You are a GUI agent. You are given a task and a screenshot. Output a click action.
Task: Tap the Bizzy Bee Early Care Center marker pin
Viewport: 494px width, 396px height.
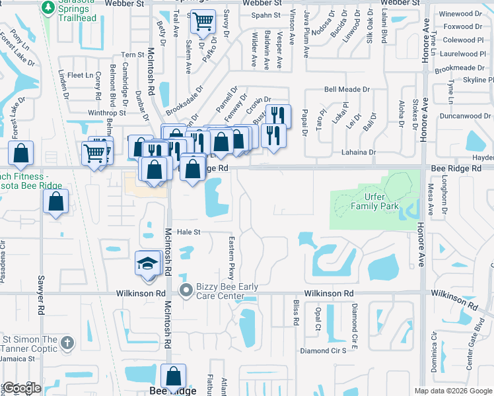[x=186, y=290]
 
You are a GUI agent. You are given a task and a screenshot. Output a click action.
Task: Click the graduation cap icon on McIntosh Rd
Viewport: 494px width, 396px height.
[x=146, y=264]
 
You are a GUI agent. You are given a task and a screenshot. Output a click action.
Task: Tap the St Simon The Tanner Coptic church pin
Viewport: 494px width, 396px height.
[x=66, y=343]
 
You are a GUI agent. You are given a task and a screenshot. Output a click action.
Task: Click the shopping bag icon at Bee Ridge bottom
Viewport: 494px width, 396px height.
[x=173, y=377]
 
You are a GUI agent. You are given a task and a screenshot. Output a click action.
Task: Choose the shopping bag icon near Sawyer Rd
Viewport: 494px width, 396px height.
[x=56, y=202]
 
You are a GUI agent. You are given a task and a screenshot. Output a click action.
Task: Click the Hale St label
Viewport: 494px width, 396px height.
[x=188, y=232]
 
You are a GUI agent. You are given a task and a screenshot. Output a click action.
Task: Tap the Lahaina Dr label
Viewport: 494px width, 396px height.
[x=359, y=152]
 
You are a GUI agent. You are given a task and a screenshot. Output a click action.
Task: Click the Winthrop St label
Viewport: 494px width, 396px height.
[x=102, y=113]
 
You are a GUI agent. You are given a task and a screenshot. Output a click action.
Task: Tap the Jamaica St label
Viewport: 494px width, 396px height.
[x=18, y=359]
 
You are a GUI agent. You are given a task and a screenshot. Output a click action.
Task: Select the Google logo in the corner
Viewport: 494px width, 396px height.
[x=22, y=388]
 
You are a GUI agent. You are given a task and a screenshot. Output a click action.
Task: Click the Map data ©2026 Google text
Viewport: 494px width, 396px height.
[x=452, y=391]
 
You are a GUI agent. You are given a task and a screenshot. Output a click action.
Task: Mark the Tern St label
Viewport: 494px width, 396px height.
[x=133, y=55]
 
